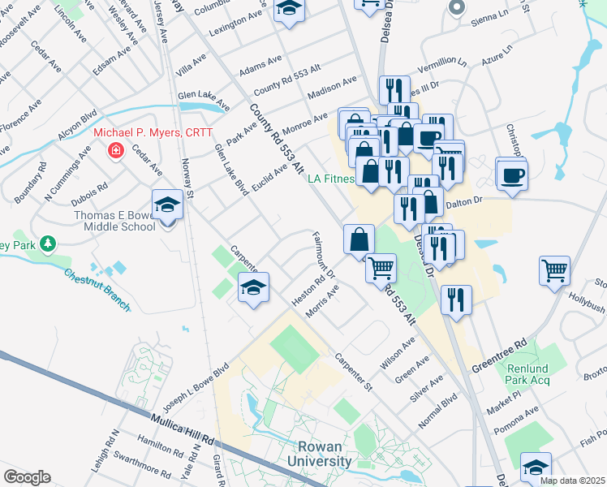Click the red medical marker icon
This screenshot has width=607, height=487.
[x=115, y=150]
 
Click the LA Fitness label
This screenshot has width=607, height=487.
[x=332, y=179]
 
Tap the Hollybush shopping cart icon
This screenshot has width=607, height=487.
[x=555, y=271]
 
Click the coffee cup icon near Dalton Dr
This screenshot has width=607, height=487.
[x=511, y=175]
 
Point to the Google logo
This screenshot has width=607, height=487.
[x=27, y=477]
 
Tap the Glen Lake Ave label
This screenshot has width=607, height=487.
[x=203, y=96]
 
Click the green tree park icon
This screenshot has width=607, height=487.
[x=48, y=242]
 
